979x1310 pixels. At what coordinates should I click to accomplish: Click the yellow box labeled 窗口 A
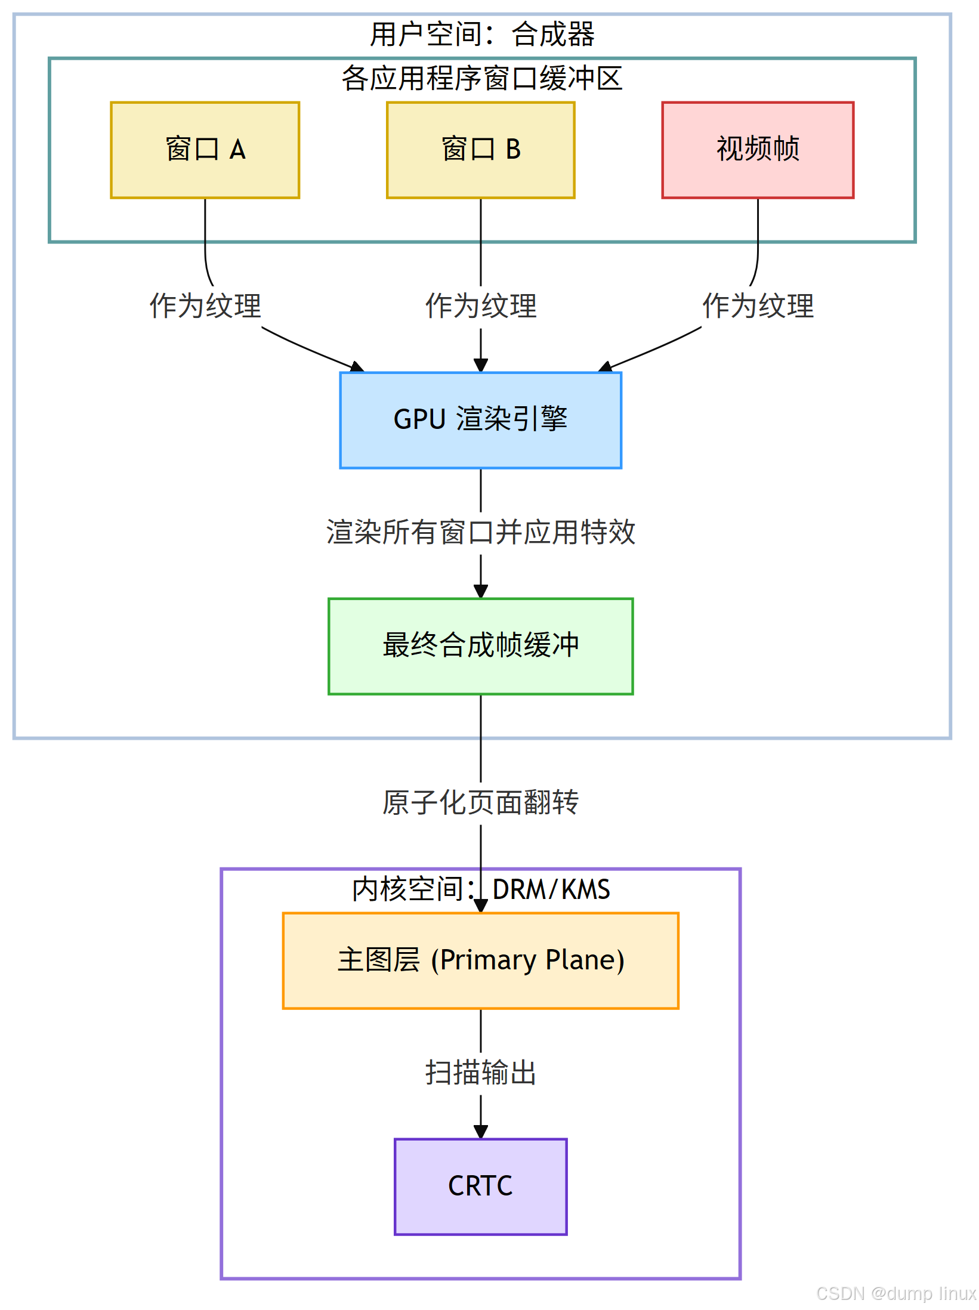click(205, 150)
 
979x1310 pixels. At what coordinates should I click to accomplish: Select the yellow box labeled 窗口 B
click(480, 150)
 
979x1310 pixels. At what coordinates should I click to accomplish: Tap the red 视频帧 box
click(757, 150)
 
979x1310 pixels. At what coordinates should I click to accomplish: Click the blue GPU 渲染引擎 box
click(480, 420)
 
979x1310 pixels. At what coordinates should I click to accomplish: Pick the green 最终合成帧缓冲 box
click(480, 646)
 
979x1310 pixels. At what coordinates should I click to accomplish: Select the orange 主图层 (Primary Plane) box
click(480, 960)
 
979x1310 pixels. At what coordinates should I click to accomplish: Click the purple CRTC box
click(480, 1186)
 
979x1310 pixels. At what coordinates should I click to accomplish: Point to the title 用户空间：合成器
click(482, 35)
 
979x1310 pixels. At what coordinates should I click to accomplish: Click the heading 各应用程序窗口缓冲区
click(482, 79)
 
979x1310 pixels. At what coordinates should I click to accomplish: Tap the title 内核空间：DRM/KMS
click(480, 889)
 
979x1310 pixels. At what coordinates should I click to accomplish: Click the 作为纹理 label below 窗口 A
click(205, 306)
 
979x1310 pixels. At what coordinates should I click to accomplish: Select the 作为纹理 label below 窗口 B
click(480, 306)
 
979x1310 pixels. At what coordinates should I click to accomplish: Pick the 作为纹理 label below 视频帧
click(758, 306)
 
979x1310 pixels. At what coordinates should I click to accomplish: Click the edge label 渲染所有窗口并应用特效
click(480, 532)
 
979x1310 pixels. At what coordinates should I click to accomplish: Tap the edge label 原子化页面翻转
click(480, 802)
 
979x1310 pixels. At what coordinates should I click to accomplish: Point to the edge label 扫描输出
click(480, 1073)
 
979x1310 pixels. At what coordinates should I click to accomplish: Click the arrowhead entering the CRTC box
click(481, 1132)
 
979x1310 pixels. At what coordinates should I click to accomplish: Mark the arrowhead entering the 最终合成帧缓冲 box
click(481, 591)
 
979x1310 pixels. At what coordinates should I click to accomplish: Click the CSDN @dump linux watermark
click(895, 1293)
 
